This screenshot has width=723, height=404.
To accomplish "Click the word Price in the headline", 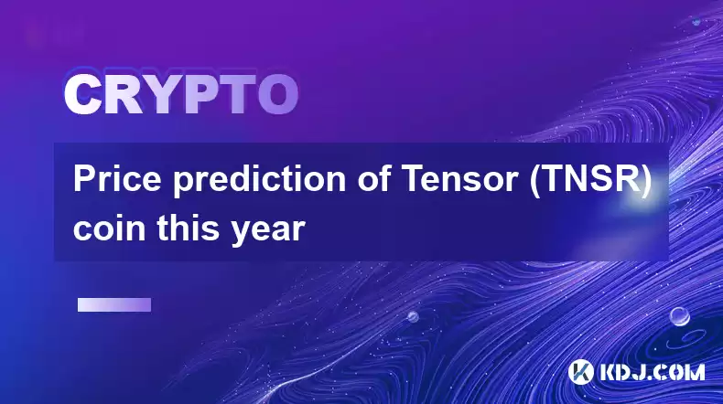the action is click(x=117, y=179).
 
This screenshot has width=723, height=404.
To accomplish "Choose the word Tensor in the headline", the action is click(x=461, y=179).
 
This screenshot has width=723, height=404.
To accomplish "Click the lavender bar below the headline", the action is click(x=114, y=304).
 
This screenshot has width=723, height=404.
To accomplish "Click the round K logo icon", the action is click(x=580, y=372).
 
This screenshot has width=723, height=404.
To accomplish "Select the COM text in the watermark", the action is click(x=683, y=372).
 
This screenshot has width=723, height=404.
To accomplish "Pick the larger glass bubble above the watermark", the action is click(x=680, y=316).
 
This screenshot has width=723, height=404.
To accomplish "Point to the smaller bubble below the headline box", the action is click(x=413, y=316).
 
